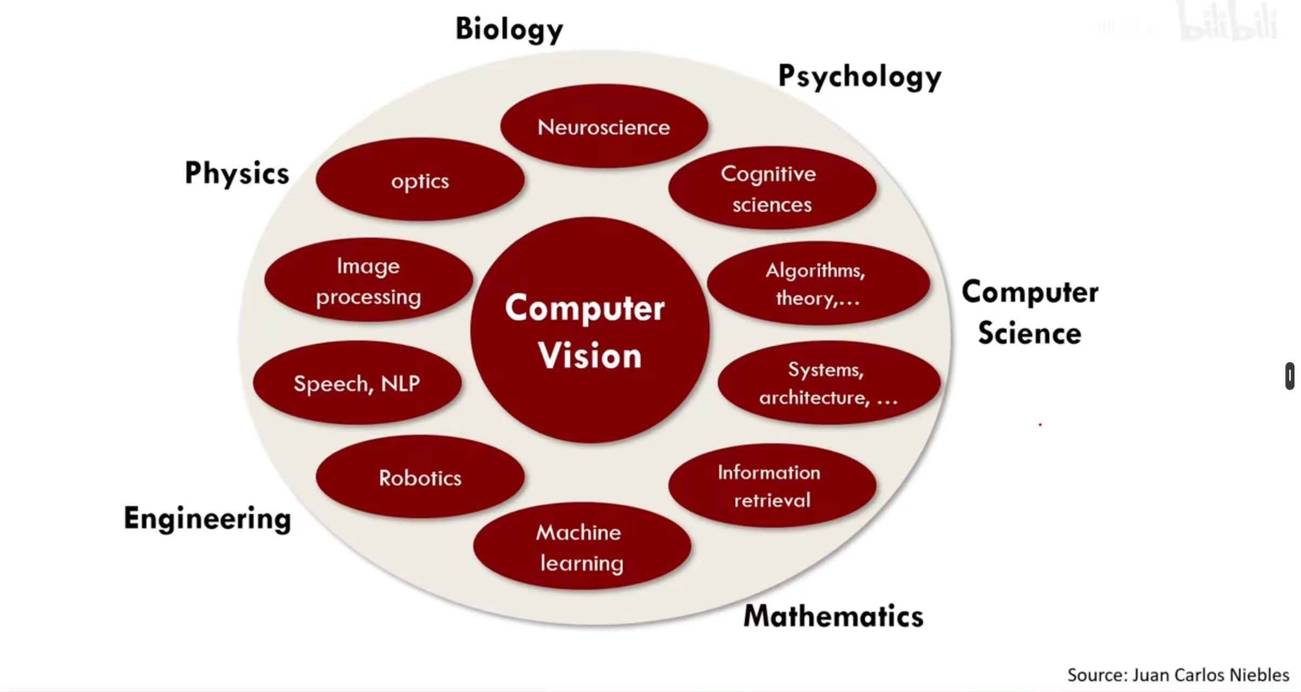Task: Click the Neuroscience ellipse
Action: [604, 127]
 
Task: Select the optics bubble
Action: [420, 180]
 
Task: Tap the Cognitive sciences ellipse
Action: [772, 188]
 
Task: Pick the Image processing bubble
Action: [368, 280]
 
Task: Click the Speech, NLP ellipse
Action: [357, 383]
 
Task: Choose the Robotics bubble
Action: [420, 477]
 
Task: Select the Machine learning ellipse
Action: [582, 546]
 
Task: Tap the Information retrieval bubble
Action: [772, 485]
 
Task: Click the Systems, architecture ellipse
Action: [828, 383]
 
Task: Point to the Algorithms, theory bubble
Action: [818, 284]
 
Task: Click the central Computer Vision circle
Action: [590, 330]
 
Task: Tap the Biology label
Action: [509, 29]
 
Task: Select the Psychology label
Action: [859, 77]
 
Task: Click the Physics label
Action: [237, 174]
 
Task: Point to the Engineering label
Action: [207, 518]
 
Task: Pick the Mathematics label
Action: [833, 616]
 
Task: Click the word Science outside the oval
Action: [1029, 332]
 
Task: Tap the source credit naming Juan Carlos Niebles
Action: [1178, 675]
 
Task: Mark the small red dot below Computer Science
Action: [1040, 425]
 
